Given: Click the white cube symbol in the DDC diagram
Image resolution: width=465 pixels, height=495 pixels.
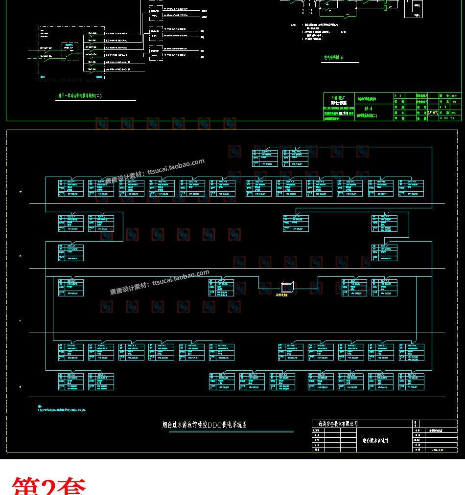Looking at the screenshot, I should (x=286, y=287).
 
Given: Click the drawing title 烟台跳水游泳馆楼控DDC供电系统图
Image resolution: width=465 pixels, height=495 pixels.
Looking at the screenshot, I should (x=205, y=425).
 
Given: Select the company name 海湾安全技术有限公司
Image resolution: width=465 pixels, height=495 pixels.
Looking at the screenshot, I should (x=338, y=423).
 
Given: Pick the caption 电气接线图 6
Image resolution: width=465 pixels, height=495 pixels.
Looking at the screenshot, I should (x=334, y=57).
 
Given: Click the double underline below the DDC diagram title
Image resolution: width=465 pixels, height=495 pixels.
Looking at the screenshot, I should (x=205, y=431).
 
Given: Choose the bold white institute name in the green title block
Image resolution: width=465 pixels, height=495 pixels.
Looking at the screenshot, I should (x=338, y=103).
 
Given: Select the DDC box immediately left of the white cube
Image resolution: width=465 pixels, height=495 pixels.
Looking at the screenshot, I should (x=221, y=288).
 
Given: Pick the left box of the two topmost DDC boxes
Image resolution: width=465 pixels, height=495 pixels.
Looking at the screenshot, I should (x=265, y=158).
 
